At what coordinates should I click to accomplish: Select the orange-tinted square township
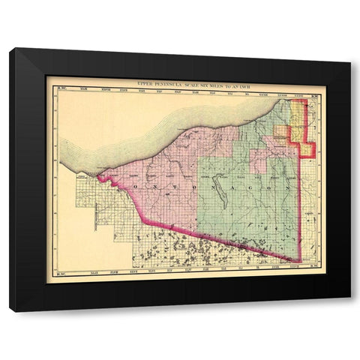pos(282,133)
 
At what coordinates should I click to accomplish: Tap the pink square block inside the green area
pos(259,161)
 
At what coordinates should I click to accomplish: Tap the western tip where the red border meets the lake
pos(97,178)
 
